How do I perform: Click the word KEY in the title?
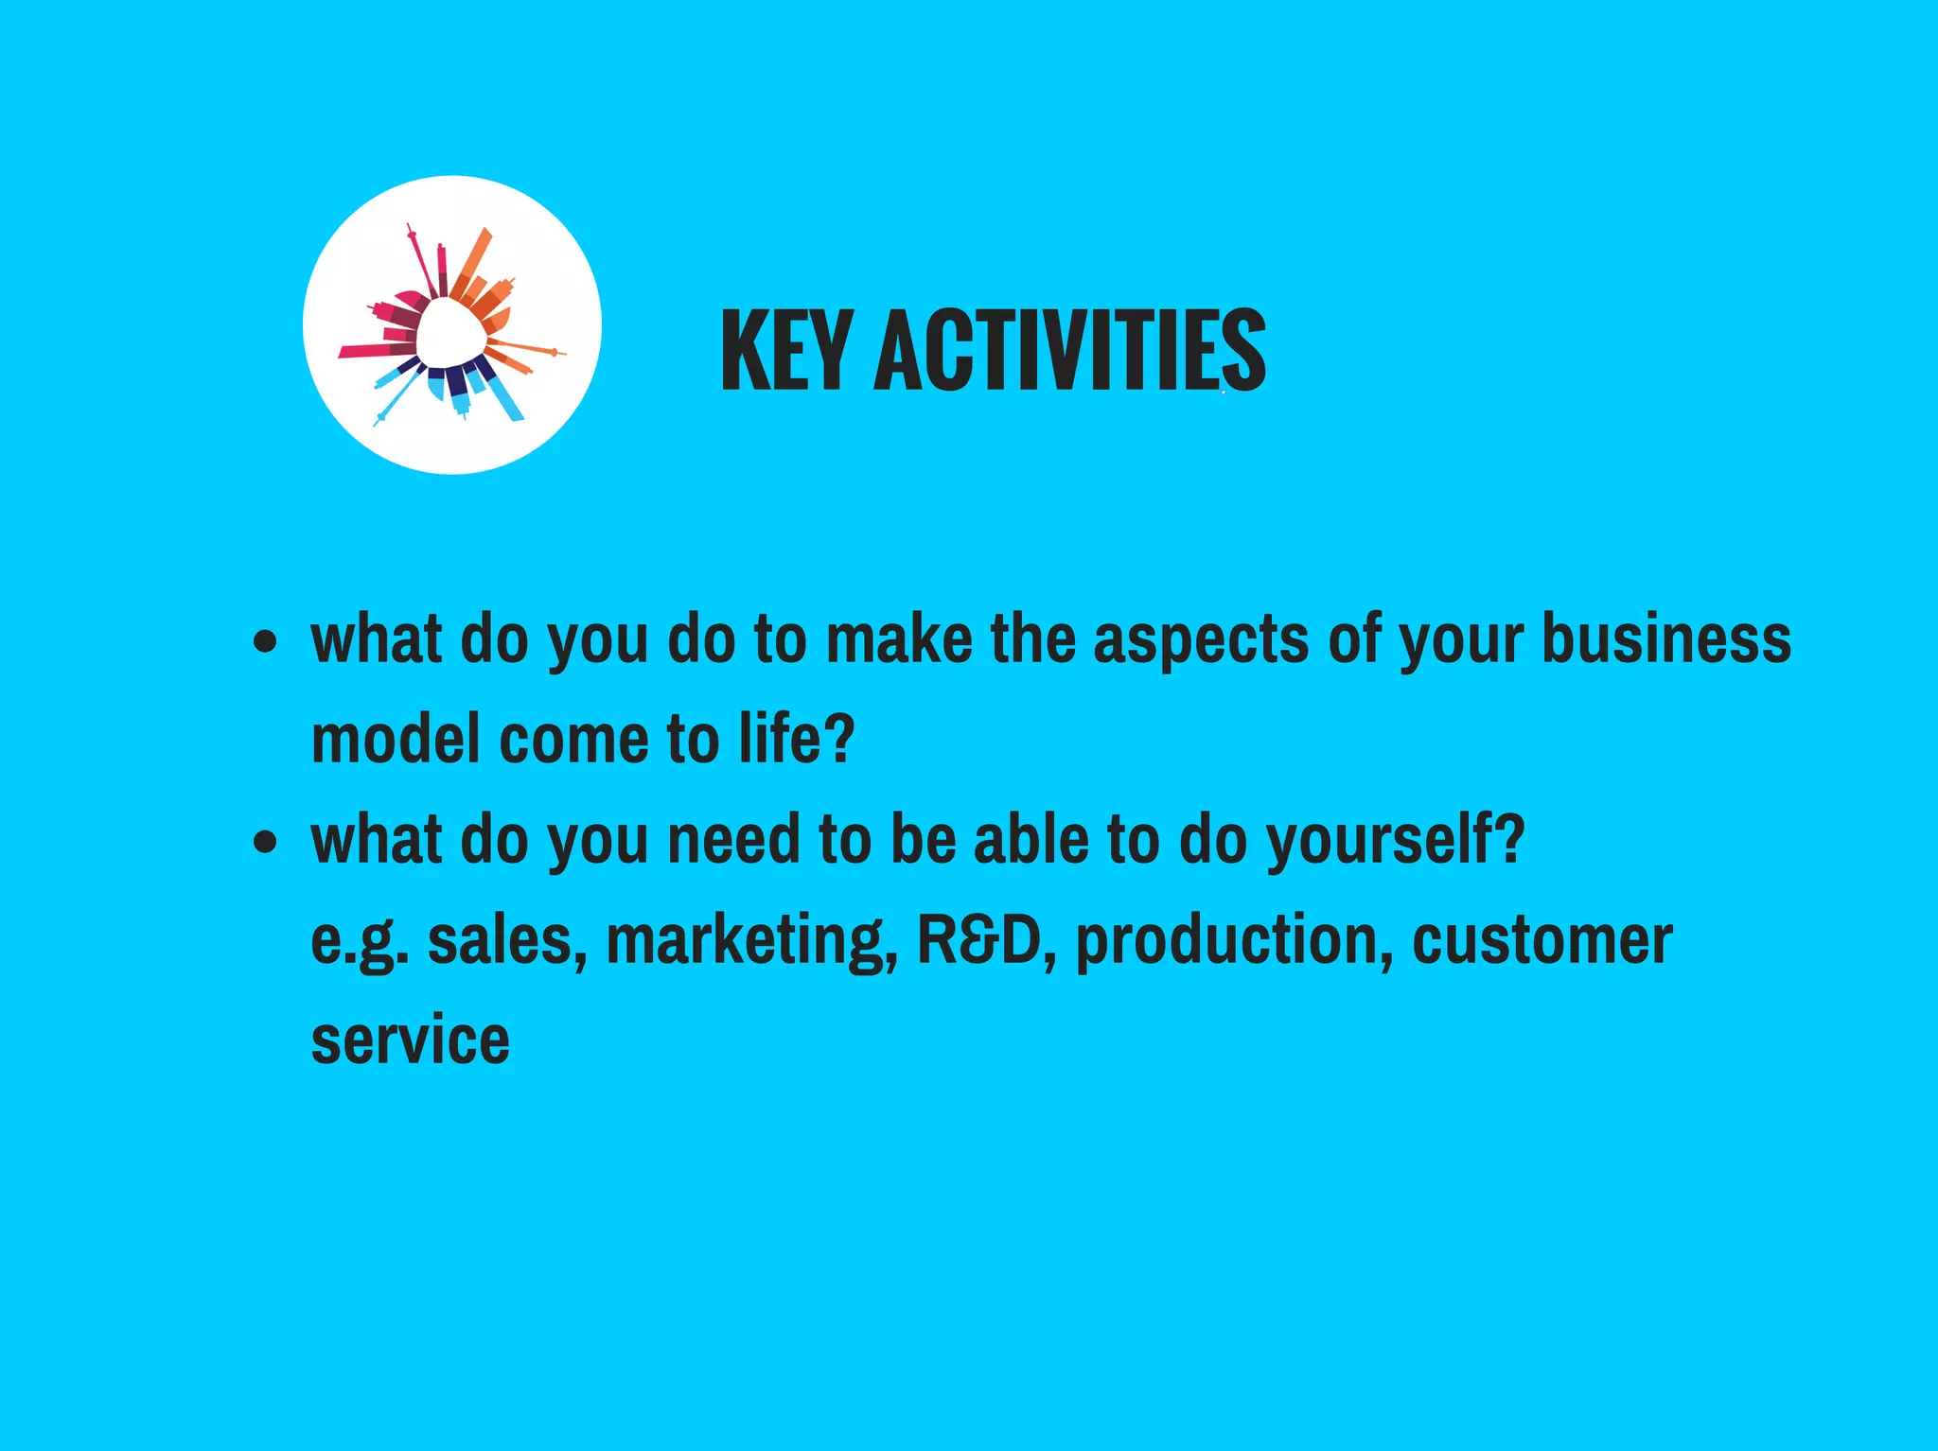[785, 351]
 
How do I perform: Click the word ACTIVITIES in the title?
[1069, 351]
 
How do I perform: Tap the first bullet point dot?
[266, 642]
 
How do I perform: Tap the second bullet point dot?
[266, 841]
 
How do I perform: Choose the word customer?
[1542, 940]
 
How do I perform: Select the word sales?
[507, 942]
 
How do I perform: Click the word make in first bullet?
[898, 640]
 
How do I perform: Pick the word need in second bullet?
[733, 840]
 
